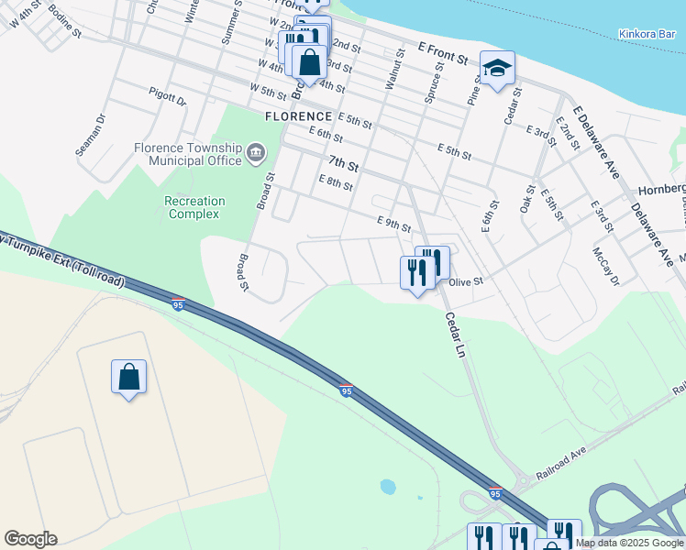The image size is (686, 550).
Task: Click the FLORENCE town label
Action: point(298,116)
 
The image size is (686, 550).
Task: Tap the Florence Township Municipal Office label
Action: point(187,154)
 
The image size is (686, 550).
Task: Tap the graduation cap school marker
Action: point(497,69)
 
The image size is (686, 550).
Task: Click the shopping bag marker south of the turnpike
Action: point(128,377)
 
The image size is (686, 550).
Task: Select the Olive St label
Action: point(465,282)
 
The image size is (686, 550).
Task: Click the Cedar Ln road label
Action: point(456,335)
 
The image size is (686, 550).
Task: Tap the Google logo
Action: point(30,539)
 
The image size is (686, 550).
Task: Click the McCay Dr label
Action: point(605,266)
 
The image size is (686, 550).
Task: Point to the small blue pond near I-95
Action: point(388,486)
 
